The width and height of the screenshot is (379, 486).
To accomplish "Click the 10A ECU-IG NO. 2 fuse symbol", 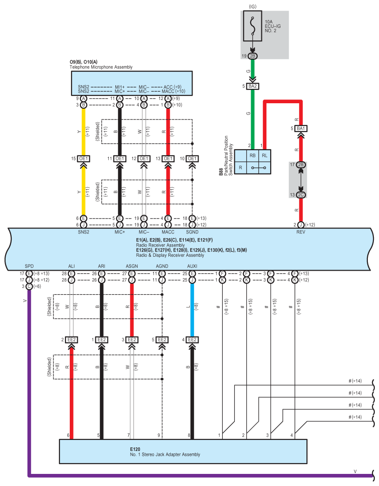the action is tap(253, 26).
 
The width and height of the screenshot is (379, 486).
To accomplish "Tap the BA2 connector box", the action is tap(253, 86).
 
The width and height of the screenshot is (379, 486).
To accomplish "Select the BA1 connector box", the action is tap(300, 128).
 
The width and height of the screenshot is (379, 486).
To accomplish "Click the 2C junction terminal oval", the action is tap(300, 195).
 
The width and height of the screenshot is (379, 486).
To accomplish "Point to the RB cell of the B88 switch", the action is tap(253, 156).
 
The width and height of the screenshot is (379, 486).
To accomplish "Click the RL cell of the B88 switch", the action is tap(264, 156).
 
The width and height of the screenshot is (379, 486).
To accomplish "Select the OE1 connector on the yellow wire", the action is tap(83, 159).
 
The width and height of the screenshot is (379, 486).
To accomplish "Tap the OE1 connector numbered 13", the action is tap(168, 159).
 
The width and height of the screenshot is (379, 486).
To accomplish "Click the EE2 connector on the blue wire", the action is tap(192, 340).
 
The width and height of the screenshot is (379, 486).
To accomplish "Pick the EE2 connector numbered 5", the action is tap(162, 340).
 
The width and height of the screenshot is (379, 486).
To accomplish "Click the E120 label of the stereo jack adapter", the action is tap(135, 449).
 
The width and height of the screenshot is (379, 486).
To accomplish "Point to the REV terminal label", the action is tap(300, 232).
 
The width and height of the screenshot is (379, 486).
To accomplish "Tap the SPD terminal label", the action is tap(29, 266).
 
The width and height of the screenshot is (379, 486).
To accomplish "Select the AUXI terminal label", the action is tap(192, 266).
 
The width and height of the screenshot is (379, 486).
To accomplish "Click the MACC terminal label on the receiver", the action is tap(168, 232).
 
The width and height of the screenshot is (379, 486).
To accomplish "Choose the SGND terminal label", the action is tap(192, 232).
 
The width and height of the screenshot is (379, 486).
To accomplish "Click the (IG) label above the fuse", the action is tap(253, 7).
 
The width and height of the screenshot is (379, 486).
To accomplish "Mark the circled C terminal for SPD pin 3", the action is tap(29, 286).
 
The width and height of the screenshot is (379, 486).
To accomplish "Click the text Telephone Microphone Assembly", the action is tap(101, 67).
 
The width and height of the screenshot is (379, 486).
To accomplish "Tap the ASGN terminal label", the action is tap(132, 266).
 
